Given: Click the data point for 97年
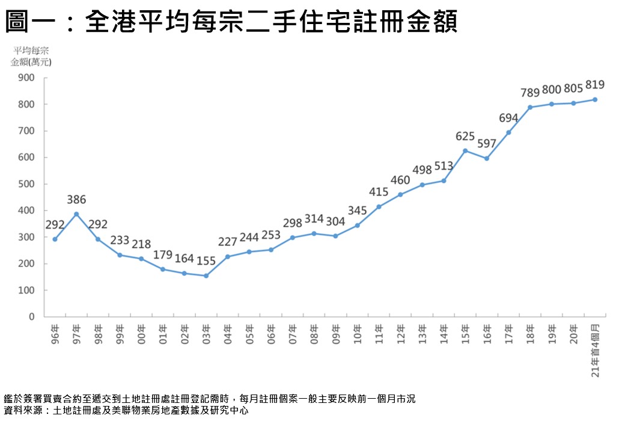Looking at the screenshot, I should coord(76,214).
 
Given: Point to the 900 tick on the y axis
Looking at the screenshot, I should coord(27,78).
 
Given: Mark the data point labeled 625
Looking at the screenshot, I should coord(465,150).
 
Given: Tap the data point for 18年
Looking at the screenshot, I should coord(530,107).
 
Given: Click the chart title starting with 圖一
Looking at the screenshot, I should coord(231,23).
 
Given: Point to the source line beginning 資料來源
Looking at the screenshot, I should coord(126,411).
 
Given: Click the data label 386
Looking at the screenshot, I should coord(76,200).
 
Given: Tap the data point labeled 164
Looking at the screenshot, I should coord(184,273).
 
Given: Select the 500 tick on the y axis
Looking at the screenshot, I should coord(27,183).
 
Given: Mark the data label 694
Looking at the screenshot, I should coord(508,118).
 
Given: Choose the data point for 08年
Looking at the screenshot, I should coord(314,233).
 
